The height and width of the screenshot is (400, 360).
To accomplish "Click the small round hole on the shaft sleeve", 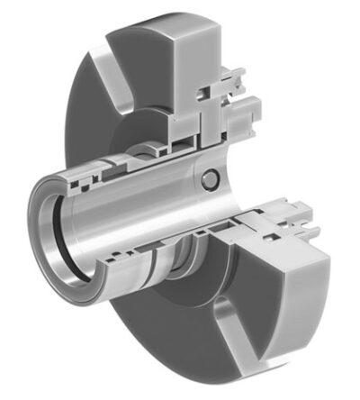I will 210,181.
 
